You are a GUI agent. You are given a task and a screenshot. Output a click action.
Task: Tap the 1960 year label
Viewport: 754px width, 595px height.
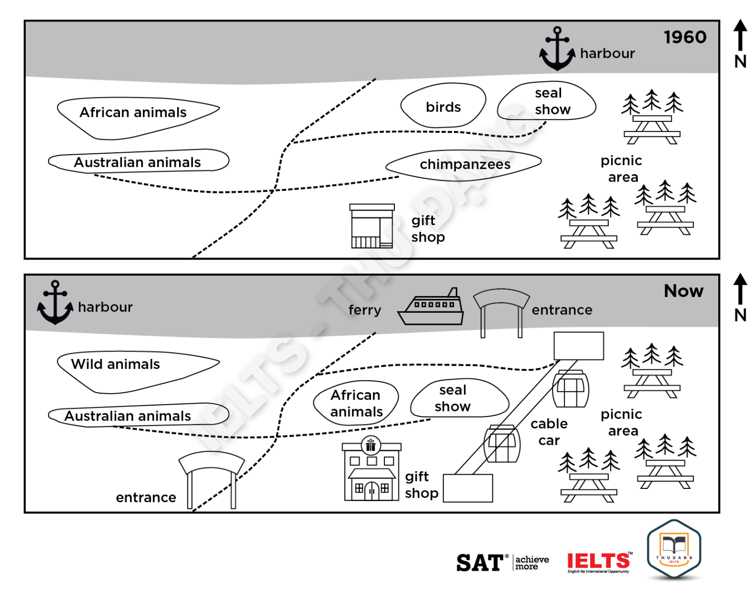point(685,37)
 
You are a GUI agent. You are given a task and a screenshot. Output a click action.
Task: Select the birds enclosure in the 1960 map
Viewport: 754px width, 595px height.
point(443,106)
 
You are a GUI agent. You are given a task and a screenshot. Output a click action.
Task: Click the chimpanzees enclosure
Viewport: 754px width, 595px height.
point(464,164)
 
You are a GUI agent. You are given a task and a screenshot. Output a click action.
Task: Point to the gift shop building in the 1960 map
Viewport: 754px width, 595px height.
point(372,226)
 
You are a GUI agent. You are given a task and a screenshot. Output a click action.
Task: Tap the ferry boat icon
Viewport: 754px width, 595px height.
point(431,307)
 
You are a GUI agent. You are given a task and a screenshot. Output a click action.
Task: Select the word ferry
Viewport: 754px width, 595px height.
point(365,310)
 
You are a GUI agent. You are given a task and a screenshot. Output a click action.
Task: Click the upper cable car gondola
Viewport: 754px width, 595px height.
point(570,389)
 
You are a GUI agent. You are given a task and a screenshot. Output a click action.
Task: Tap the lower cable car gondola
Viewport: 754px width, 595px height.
point(502,443)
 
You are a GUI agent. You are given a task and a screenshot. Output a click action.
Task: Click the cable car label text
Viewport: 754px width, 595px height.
point(549,432)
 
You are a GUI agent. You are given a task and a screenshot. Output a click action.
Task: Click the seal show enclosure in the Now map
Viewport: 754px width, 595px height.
point(459,398)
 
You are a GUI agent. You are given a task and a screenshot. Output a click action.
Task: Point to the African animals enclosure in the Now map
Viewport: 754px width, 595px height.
point(356,403)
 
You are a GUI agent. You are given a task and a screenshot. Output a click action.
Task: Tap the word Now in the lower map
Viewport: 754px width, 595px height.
point(684,291)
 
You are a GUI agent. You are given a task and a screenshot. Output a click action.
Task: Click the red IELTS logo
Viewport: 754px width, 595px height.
point(599,562)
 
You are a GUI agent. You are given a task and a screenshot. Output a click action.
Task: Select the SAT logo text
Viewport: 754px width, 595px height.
point(480,563)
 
